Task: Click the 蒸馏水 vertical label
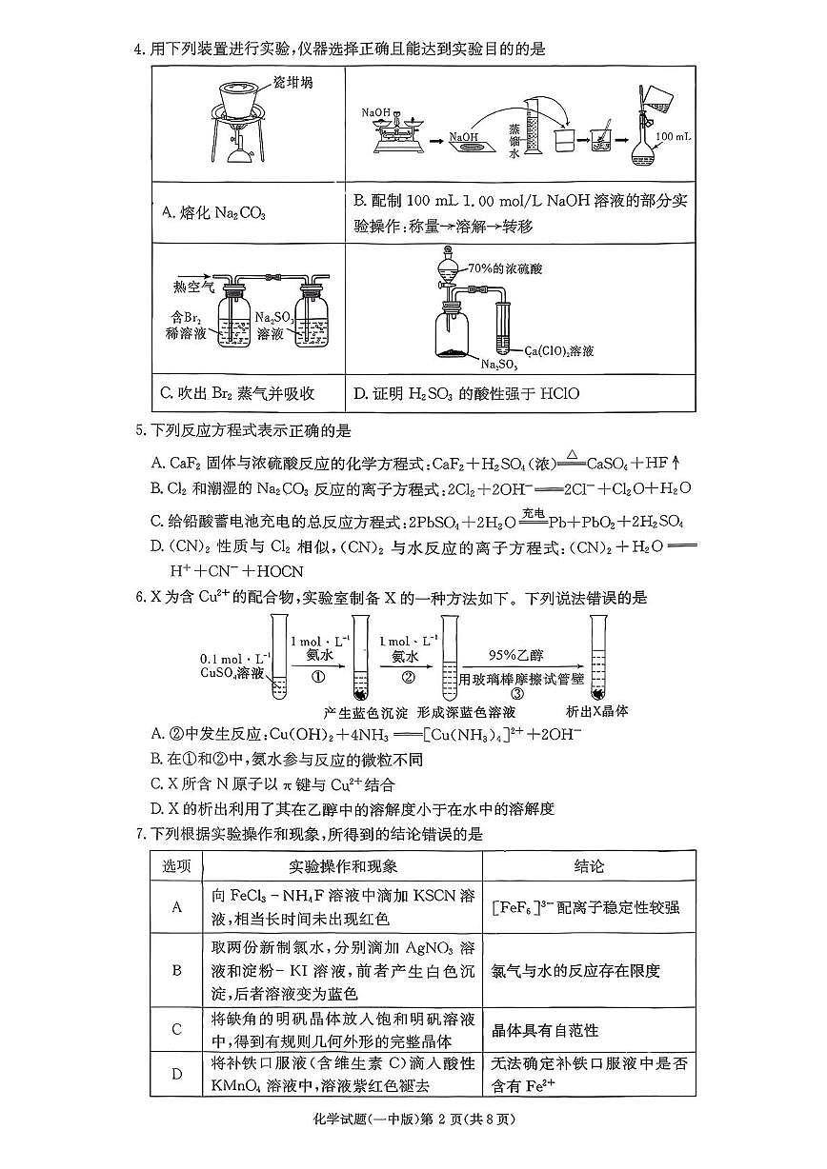click(x=514, y=139)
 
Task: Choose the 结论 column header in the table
click(x=588, y=866)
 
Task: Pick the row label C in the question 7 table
click(x=176, y=1029)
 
